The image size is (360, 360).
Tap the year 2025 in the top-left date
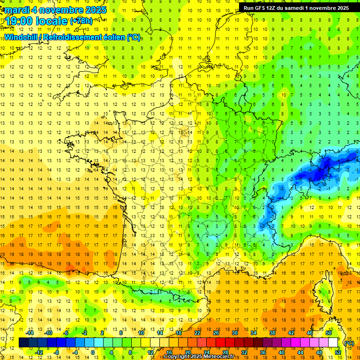(93, 10)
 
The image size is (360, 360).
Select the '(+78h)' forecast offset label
(81, 21)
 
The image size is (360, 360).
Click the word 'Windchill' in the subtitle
(21, 37)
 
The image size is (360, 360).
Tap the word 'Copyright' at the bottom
(177, 357)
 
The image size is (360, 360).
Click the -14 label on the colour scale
(30, 333)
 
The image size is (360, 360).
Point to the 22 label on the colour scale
(197, 333)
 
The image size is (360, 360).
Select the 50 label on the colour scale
(328, 333)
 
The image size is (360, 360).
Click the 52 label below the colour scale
(337, 352)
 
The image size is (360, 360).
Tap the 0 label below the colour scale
(93, 352)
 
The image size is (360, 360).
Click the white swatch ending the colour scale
(333, 343)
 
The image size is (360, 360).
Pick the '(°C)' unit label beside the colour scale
(349, 343)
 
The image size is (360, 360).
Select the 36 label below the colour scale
(262, 352)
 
